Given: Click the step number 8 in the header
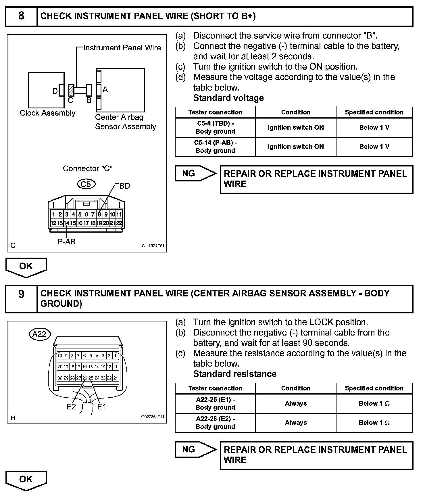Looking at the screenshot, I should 21,16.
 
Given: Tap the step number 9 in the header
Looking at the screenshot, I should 21,294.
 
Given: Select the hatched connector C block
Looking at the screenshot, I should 71,90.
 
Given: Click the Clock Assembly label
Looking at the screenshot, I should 47,113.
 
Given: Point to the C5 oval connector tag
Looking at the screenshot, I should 86,184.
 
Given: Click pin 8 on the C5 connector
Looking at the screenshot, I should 99,214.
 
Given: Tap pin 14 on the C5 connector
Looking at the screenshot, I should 66,223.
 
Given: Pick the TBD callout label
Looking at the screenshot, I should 122,186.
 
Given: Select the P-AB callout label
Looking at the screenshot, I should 66,242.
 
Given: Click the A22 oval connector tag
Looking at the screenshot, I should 40,334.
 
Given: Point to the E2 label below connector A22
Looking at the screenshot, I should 71,407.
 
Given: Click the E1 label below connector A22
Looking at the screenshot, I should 102,407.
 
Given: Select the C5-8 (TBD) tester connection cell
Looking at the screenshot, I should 215,127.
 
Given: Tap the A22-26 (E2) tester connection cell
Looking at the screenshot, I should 215,423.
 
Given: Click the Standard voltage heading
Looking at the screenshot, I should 228,98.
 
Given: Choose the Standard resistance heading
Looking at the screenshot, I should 235,374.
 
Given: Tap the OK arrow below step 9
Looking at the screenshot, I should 26,479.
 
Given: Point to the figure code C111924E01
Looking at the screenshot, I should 153,246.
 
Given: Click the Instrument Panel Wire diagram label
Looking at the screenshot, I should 122,48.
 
